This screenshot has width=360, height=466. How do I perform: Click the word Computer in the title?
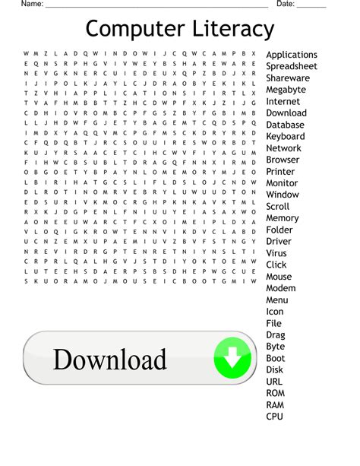pos(131,30)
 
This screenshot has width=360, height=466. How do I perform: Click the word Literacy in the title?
pos(228,30)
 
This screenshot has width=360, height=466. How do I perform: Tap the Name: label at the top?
pos(32,4)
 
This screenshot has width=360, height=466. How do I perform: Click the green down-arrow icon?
pos(232,358)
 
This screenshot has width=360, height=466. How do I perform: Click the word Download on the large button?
pos(109,360)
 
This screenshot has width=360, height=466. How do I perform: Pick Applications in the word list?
pos(292,55)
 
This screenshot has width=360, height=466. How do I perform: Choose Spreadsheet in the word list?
pos(292,66)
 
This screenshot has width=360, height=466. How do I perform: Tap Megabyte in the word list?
pos(286,90)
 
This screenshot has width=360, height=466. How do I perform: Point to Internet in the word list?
pos(283,101)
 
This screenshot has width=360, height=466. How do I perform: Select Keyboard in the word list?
pos(286,137)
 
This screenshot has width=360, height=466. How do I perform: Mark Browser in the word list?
pos(283,160)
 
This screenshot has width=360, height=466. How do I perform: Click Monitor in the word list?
pos(282,183)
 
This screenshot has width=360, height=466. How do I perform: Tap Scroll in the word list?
pos(277,207)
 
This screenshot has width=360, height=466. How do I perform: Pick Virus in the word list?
pos(276,253)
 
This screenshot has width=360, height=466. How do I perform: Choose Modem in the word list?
pos(281,288)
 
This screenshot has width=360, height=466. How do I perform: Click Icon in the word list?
pos(275,312)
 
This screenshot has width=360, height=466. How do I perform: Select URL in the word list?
pos(275,382)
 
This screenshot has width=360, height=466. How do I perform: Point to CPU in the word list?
pos(275,417)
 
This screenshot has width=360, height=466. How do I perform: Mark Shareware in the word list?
pos(288,78)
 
